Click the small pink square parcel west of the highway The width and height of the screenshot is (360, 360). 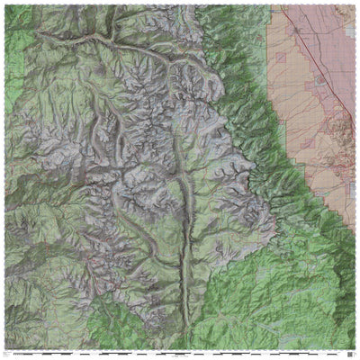[280, 57]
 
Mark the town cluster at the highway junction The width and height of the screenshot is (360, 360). [298, 29]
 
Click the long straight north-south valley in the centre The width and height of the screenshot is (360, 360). [186, 225]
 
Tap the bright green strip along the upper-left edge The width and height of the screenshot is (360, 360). [11, 54]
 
